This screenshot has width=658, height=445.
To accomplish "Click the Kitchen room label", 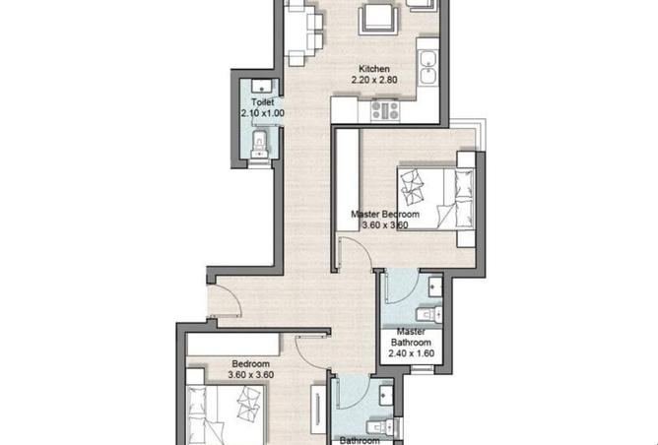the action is (x=374, y=69).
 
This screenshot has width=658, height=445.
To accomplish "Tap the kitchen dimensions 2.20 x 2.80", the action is (x=374, y=80).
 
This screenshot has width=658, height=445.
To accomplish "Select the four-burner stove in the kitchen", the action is (x=385, y=110).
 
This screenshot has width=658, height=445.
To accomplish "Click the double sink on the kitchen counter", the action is (x=428, y=68).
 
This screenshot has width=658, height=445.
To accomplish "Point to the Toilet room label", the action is (x=263, y=102).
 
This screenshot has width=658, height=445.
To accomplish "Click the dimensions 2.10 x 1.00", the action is (x=263, y=113).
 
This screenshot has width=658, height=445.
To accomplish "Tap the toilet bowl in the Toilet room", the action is (x=260, y=144).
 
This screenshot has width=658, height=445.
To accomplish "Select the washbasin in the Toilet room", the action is (x=261, y=86).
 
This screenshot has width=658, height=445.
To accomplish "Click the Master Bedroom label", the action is (x=385, y=215).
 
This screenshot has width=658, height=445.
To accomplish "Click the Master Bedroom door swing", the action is (x=355, y=252).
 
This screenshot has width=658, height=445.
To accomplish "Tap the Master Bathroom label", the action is (x=411, y=337).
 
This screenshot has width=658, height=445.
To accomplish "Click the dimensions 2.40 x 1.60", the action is (x=412, y=353).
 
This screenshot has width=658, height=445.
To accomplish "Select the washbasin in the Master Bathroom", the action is (x=435, y=287).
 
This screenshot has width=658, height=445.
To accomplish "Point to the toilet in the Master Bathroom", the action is (x=428, y=315).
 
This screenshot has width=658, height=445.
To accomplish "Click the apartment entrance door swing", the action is (x=224, y=300).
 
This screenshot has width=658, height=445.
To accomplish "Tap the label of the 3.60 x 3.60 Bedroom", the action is (x=251, y=364).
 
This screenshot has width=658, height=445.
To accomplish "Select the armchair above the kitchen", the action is (x=378, y=20).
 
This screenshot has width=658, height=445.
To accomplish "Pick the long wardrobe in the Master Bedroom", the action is (x=348, y=180).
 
